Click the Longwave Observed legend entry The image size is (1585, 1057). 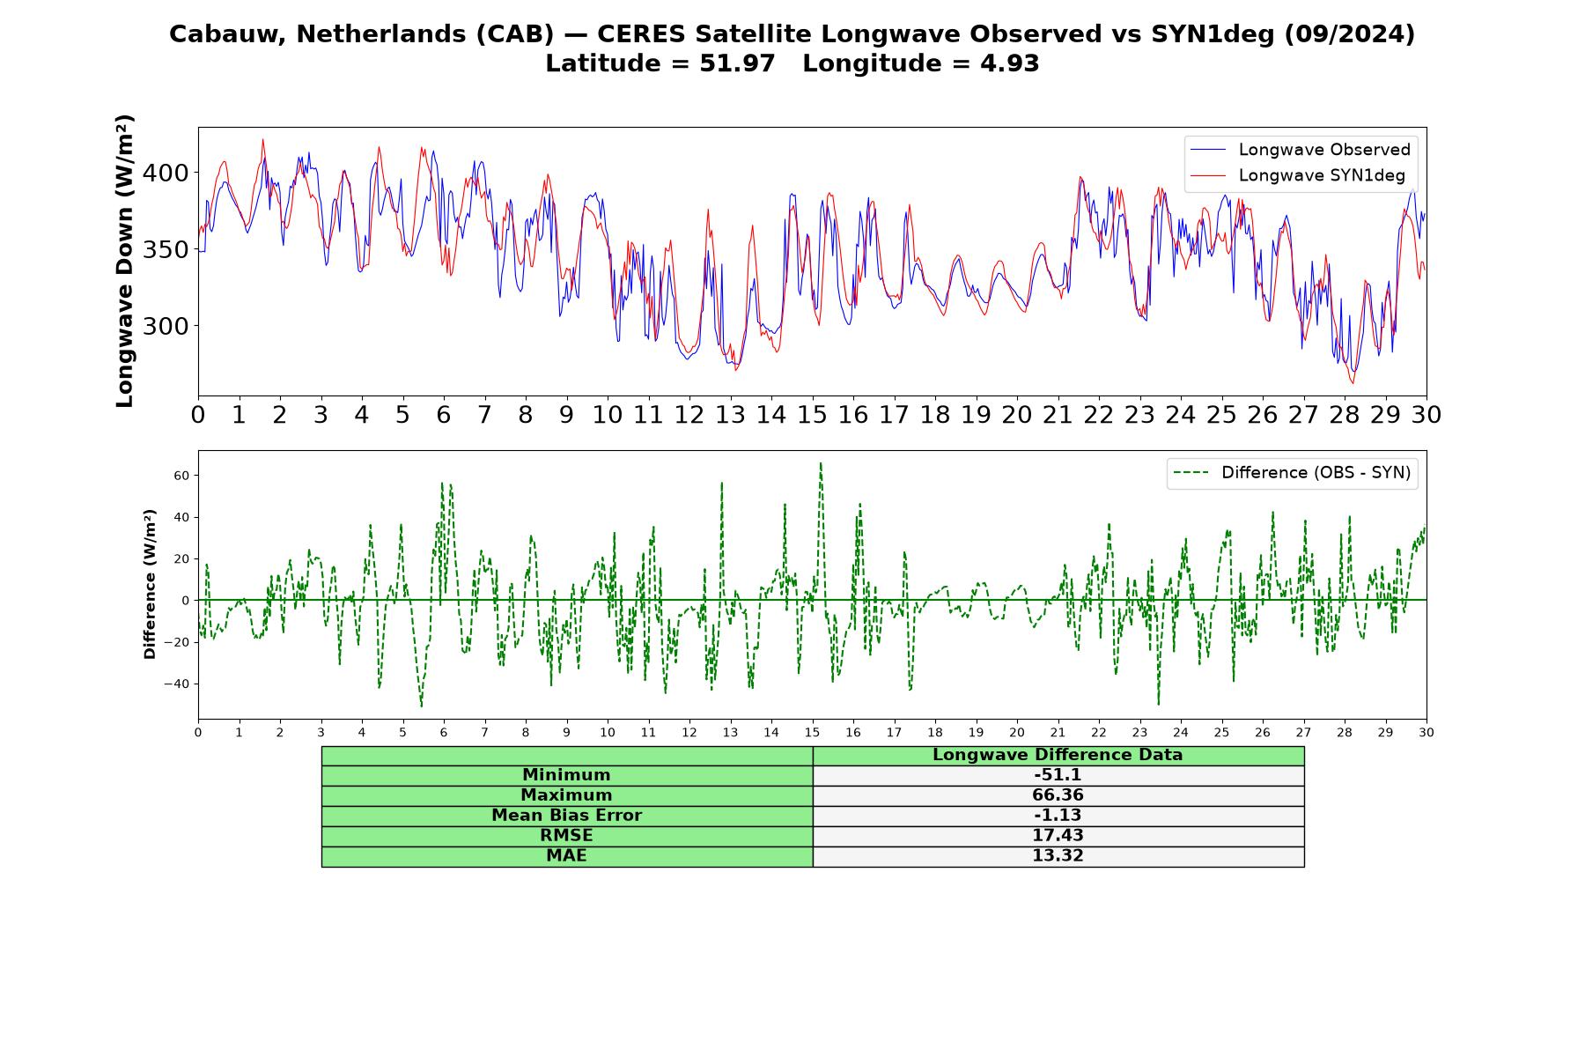tap(1300, 150)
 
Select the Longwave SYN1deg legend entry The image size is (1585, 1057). tap(1297, 175)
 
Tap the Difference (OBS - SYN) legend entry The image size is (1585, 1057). tap(1292, 473)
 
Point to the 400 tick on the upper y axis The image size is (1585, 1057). tap(166, 173)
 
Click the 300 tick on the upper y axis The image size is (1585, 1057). tap(166, 326)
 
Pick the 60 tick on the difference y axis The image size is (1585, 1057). tap(182, 476)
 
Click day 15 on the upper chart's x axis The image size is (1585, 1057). tap(812, 415)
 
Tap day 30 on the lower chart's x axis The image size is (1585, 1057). tap(1426, 732)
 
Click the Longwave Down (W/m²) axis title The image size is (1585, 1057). tap(125, 261)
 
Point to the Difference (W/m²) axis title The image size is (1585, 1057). tap(150, 584)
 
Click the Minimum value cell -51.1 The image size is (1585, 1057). tap(1058, 775)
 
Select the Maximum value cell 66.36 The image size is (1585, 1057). tap(1058, 795)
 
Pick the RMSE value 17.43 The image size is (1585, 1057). tap(1058, 835)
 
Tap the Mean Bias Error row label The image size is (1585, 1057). tap(566, 816)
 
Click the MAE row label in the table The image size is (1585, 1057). tap(566, 856)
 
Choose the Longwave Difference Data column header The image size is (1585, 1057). tap(1058, 755)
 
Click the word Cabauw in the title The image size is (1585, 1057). tap(228, 34)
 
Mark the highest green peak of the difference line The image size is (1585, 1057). tap(821, 462)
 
